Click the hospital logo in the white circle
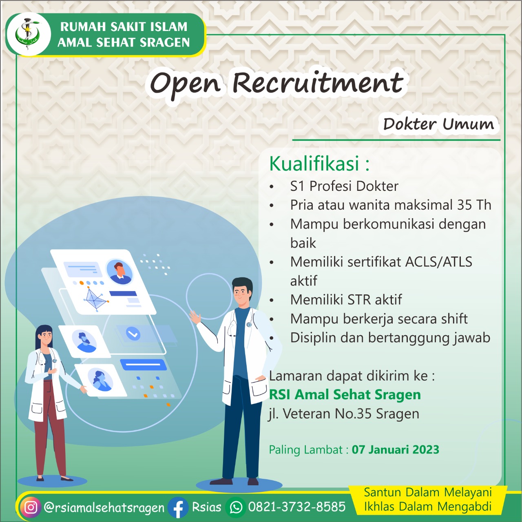coord(28,34)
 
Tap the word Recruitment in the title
coord(318,83)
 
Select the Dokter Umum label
coord(438,124)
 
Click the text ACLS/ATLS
coord(439,262)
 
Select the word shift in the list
coord(454,319)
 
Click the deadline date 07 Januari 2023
coord(395,449)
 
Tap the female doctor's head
coord(44,335)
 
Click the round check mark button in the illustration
coord(133,334)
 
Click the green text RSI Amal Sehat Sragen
coord(345,395)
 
